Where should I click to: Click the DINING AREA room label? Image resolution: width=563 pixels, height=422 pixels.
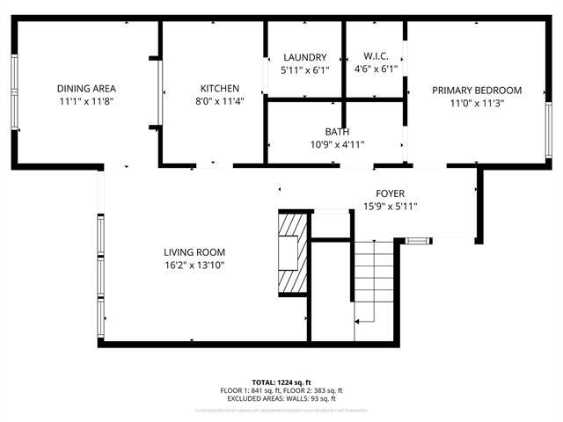[x=86, y=89]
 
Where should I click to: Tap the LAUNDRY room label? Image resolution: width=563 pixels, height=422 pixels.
[x=304, y=57]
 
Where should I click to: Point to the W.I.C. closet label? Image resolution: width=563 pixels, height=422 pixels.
[x=376, y=57]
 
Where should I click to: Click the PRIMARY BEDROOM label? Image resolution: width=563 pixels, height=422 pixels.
[x=476, y=91]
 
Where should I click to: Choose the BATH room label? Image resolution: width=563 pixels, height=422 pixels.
[x=336, y=132]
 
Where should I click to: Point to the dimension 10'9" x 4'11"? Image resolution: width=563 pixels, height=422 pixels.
[x=336, y=144]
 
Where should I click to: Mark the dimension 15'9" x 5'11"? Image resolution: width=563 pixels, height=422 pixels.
[x=390, y=206]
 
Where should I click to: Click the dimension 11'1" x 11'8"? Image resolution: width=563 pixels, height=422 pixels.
[x=86, y=101]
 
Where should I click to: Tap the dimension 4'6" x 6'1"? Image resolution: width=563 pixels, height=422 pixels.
[x=376, y=69]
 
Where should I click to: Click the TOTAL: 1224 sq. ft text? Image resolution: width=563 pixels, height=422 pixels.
[x=281, y=383]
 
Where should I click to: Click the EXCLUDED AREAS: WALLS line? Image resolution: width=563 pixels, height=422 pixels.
[x=281, y=398]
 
